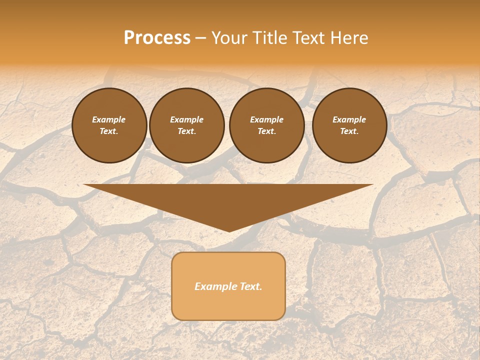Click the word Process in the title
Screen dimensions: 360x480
[x=157, y=38]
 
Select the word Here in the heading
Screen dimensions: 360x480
[x=349, y=38]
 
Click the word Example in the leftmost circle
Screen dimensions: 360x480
[x=109, y=119]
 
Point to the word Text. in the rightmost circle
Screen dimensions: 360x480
[x=349, y=131]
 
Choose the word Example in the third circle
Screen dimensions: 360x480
[x=266, y=119]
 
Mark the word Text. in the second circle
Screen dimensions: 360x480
[x=186, y=131]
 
